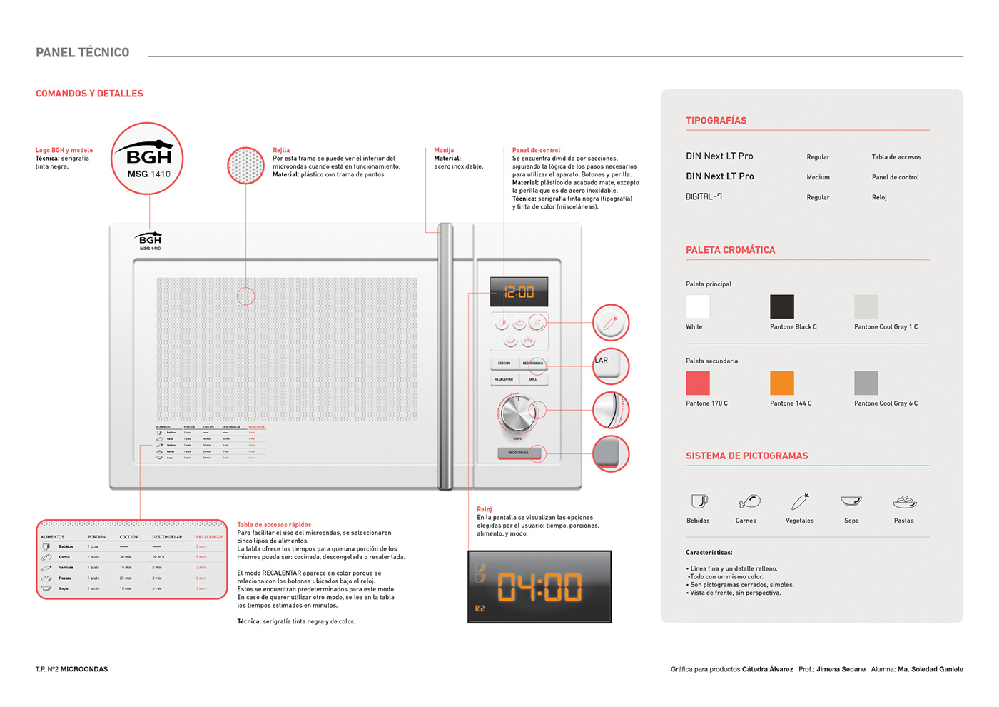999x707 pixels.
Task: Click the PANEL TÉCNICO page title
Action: (x=83, y=52)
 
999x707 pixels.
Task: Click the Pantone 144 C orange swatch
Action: (x=782, y=383)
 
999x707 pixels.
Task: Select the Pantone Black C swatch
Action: (x=782, y=306)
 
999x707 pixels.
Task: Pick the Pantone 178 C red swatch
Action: (x=698, y=383)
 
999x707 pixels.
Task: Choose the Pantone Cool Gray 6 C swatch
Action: (x=866, y=383)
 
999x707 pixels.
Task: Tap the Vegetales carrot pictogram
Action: (x=800, y=501)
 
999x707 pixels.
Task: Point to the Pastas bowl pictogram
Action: (x=904, y=501)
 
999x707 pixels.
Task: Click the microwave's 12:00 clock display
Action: (x=519, y=292)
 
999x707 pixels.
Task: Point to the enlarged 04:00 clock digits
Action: (x=539, y=587)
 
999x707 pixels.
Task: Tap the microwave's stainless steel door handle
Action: (x=445, y=357)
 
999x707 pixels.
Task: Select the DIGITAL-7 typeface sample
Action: (x=704, y=196)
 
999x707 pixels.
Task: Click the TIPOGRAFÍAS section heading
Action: (x=716, y=121)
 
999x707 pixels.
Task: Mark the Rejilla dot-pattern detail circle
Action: (x=245, y=166)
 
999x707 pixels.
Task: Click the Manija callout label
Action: (x=444, y=150)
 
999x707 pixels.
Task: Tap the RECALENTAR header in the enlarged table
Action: (x=209, y=537)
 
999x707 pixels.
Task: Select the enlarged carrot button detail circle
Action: (x=611, y=324)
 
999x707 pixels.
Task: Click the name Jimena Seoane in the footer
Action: (x=841, y=669)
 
